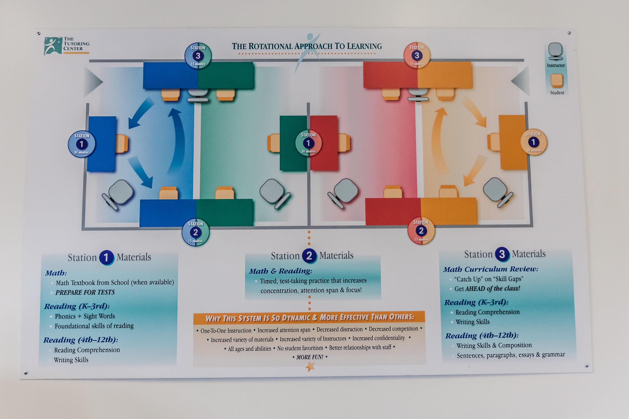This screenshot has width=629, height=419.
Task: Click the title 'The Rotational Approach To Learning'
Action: click(307, 46)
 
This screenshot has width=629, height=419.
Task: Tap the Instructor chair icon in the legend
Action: click(555, 51)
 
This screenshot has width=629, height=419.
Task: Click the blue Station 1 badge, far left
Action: click(82, 144)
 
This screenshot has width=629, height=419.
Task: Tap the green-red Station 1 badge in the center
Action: click(308, 143)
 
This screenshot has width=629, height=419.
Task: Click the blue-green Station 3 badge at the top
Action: click(198, 56)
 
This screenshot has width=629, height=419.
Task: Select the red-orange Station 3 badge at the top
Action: click(417, 55)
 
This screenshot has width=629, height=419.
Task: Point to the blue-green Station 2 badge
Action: click(196, 232)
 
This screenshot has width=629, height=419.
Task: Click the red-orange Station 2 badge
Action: click(421, 230)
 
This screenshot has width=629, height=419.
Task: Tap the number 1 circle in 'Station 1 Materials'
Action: click(106, 258)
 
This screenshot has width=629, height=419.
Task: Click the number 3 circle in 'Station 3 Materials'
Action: click(502, 254)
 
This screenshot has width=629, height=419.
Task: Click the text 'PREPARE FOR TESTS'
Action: click(85, 292)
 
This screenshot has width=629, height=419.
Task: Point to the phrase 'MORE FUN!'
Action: click(309, 357)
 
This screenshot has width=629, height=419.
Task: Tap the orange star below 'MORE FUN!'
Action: click(310, 367)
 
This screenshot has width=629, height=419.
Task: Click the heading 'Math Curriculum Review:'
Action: click(490, 269)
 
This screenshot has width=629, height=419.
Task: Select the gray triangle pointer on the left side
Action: click(93, 82)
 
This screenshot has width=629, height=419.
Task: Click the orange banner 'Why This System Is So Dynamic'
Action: click(309, 318)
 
